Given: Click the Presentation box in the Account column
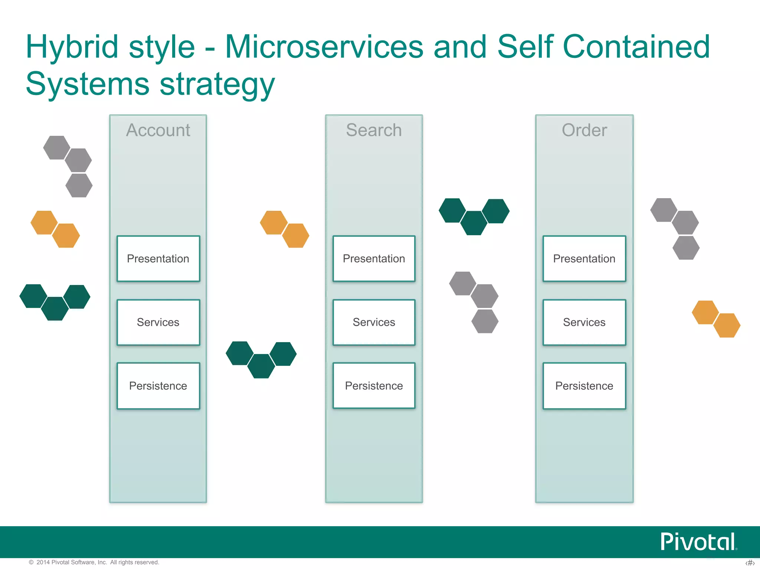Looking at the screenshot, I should point(158,259).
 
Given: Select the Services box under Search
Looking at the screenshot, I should point(374,322).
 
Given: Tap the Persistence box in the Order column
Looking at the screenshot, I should point(584,386).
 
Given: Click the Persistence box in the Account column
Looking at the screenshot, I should point(158,386).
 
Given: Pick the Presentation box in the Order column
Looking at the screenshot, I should point(584,259).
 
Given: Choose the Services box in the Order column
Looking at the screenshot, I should point(584,322).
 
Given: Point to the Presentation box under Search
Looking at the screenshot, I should point(374,259).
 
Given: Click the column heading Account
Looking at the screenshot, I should point(158,130).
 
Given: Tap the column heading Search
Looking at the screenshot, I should point(374,130).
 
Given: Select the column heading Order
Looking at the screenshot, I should point(584,130).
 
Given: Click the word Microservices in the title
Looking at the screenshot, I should point(324,47).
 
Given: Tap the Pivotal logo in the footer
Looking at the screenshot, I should point(698,542).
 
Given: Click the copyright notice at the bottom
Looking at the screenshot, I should point(94,562).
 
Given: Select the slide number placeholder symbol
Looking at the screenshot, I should point(750,563).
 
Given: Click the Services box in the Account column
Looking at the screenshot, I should point(158,322).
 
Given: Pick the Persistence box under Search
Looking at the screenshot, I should point(374,386).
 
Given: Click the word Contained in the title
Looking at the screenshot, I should point(636,47).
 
